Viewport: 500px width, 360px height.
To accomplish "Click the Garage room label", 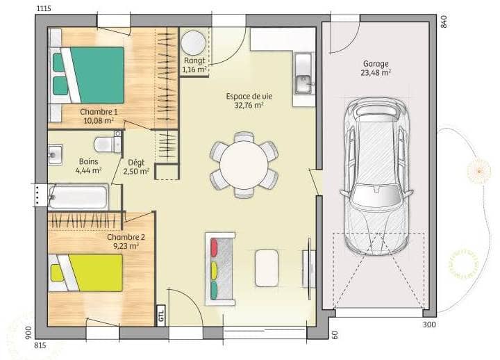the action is point(375,64).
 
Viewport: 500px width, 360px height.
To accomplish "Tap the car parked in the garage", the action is point(376,176).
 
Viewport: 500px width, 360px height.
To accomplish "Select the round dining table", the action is point(244,165).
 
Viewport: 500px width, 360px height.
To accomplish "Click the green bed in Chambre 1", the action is point(86,75).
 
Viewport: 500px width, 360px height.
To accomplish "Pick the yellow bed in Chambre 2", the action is point(85,273).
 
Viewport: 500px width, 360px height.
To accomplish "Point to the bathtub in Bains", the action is point(78,197).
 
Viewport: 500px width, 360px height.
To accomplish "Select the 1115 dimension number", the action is point(44,8).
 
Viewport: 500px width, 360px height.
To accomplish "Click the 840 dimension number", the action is point(444,22).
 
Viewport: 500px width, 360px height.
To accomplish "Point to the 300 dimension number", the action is point(429,325).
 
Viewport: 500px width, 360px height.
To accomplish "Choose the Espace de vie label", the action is point(249,97).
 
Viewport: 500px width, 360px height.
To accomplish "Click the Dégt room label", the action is point(136,163).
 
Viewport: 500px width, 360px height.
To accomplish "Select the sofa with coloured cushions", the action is point(219,269).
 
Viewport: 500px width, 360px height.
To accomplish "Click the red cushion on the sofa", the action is point(214,247).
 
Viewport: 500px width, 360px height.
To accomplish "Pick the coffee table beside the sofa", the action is point(267,268).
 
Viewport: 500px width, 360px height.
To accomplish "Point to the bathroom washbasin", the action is point(55,155).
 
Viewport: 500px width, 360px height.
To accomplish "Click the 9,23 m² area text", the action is point(126,246).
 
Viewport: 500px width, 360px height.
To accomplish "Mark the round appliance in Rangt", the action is point(193,43).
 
